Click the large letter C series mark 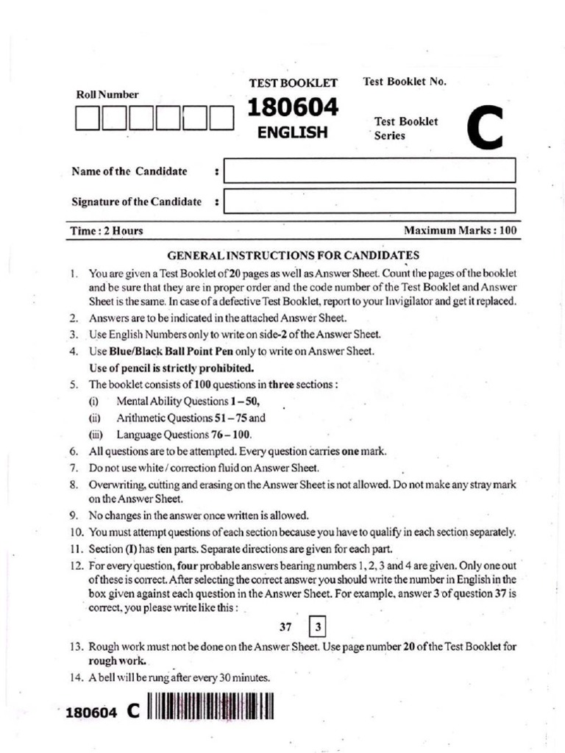pyautogui.click(x=484, y=129)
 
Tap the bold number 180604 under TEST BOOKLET pyautogui.click(x=293, y=109)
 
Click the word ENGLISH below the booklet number pyautogui.click(x=292, y=133)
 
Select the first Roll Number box pyautogui.click(x=88, y=118)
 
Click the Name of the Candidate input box pyautogui.click(x=369, y=171)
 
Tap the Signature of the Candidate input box pyautogui.click(x=369, y=201)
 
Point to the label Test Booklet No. pyautogui.click(x=405, y=82)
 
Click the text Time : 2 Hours pyautogui.click(x=107, y=231)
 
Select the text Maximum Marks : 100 pyautogui.click(x=461, y=231)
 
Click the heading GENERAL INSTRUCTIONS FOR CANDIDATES pyautogui.click(x=294, y=255)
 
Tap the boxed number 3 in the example pyautogui.click(x=318, y=628)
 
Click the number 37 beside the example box pyautogui.click(x=286, y=628)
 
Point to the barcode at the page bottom pyautogui.click(x=210, y=710)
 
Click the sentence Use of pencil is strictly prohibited pyautogui.click(x=171, y=368)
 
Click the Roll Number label pyautogui.click(x=107, y=94)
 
